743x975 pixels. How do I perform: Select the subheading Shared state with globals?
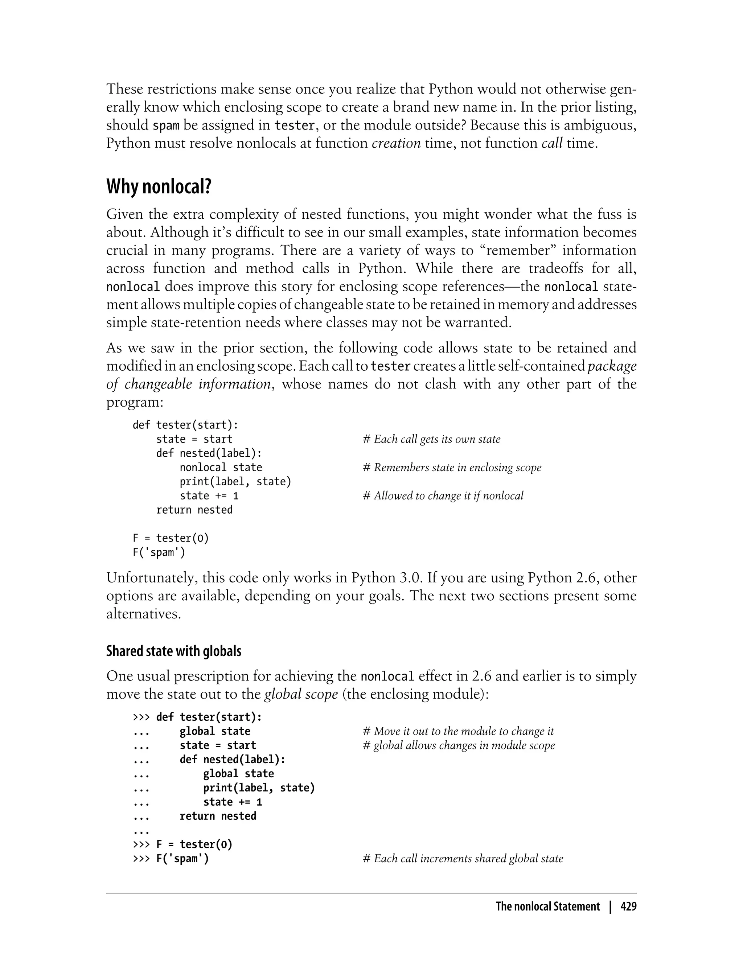(174, 651)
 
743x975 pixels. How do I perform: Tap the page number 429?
(628, 906)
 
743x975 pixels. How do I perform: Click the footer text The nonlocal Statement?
(547, 906)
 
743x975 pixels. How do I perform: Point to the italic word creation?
(396, 143)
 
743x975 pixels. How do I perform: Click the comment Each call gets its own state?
(432, 439)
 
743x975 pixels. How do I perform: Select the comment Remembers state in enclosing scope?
(452, 468)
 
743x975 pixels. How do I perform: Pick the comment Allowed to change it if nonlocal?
(443, 496)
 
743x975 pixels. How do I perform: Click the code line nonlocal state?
(221, 468)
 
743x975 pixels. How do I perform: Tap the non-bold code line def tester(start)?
(185, 425)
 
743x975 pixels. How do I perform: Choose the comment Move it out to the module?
(458, 731)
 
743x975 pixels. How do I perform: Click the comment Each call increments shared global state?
(463, 859)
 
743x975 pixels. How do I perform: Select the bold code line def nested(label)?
(232, 760)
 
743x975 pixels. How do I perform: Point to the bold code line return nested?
(218, 816)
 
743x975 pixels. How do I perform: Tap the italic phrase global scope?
(301, 694)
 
